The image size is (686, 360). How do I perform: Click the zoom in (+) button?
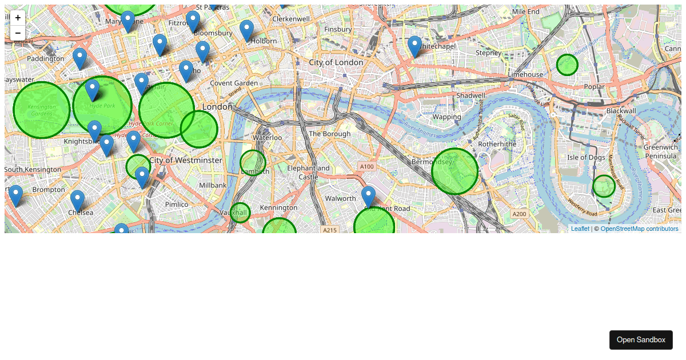pyautogui.click(x=18, y=18)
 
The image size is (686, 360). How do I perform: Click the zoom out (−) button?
pyautogui.click(x=18, y=33)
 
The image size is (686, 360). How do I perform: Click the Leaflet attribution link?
pyautogui.click(x=580, y=229)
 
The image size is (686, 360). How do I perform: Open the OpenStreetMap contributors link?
pyautogui.click(x=639, y=229)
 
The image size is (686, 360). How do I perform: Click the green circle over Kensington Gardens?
pyautogui.click(x=42, y=110)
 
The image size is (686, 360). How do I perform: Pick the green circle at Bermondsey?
pyautogui.click(x=454, y=171)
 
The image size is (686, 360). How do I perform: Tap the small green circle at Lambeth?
pyautogui.click(x=253, y=163)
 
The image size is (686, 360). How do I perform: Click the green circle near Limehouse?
pyautogui.click(x=567, y=65)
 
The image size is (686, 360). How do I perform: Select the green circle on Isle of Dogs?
pyautogui.click(x=604, y=186)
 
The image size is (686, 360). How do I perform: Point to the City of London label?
pyautogui.click(x=336, y=62)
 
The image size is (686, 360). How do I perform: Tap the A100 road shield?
pyautogui.click(x=366, y=166)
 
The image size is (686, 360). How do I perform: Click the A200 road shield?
pyautogui.click(x=519, y=214)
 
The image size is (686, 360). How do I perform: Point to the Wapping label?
pyautogui.click(x=446, y=117)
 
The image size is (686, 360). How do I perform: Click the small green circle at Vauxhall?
pyautogui.click(x=240, y=213)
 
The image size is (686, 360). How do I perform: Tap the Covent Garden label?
pyautogui.click(x=234, y=83)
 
